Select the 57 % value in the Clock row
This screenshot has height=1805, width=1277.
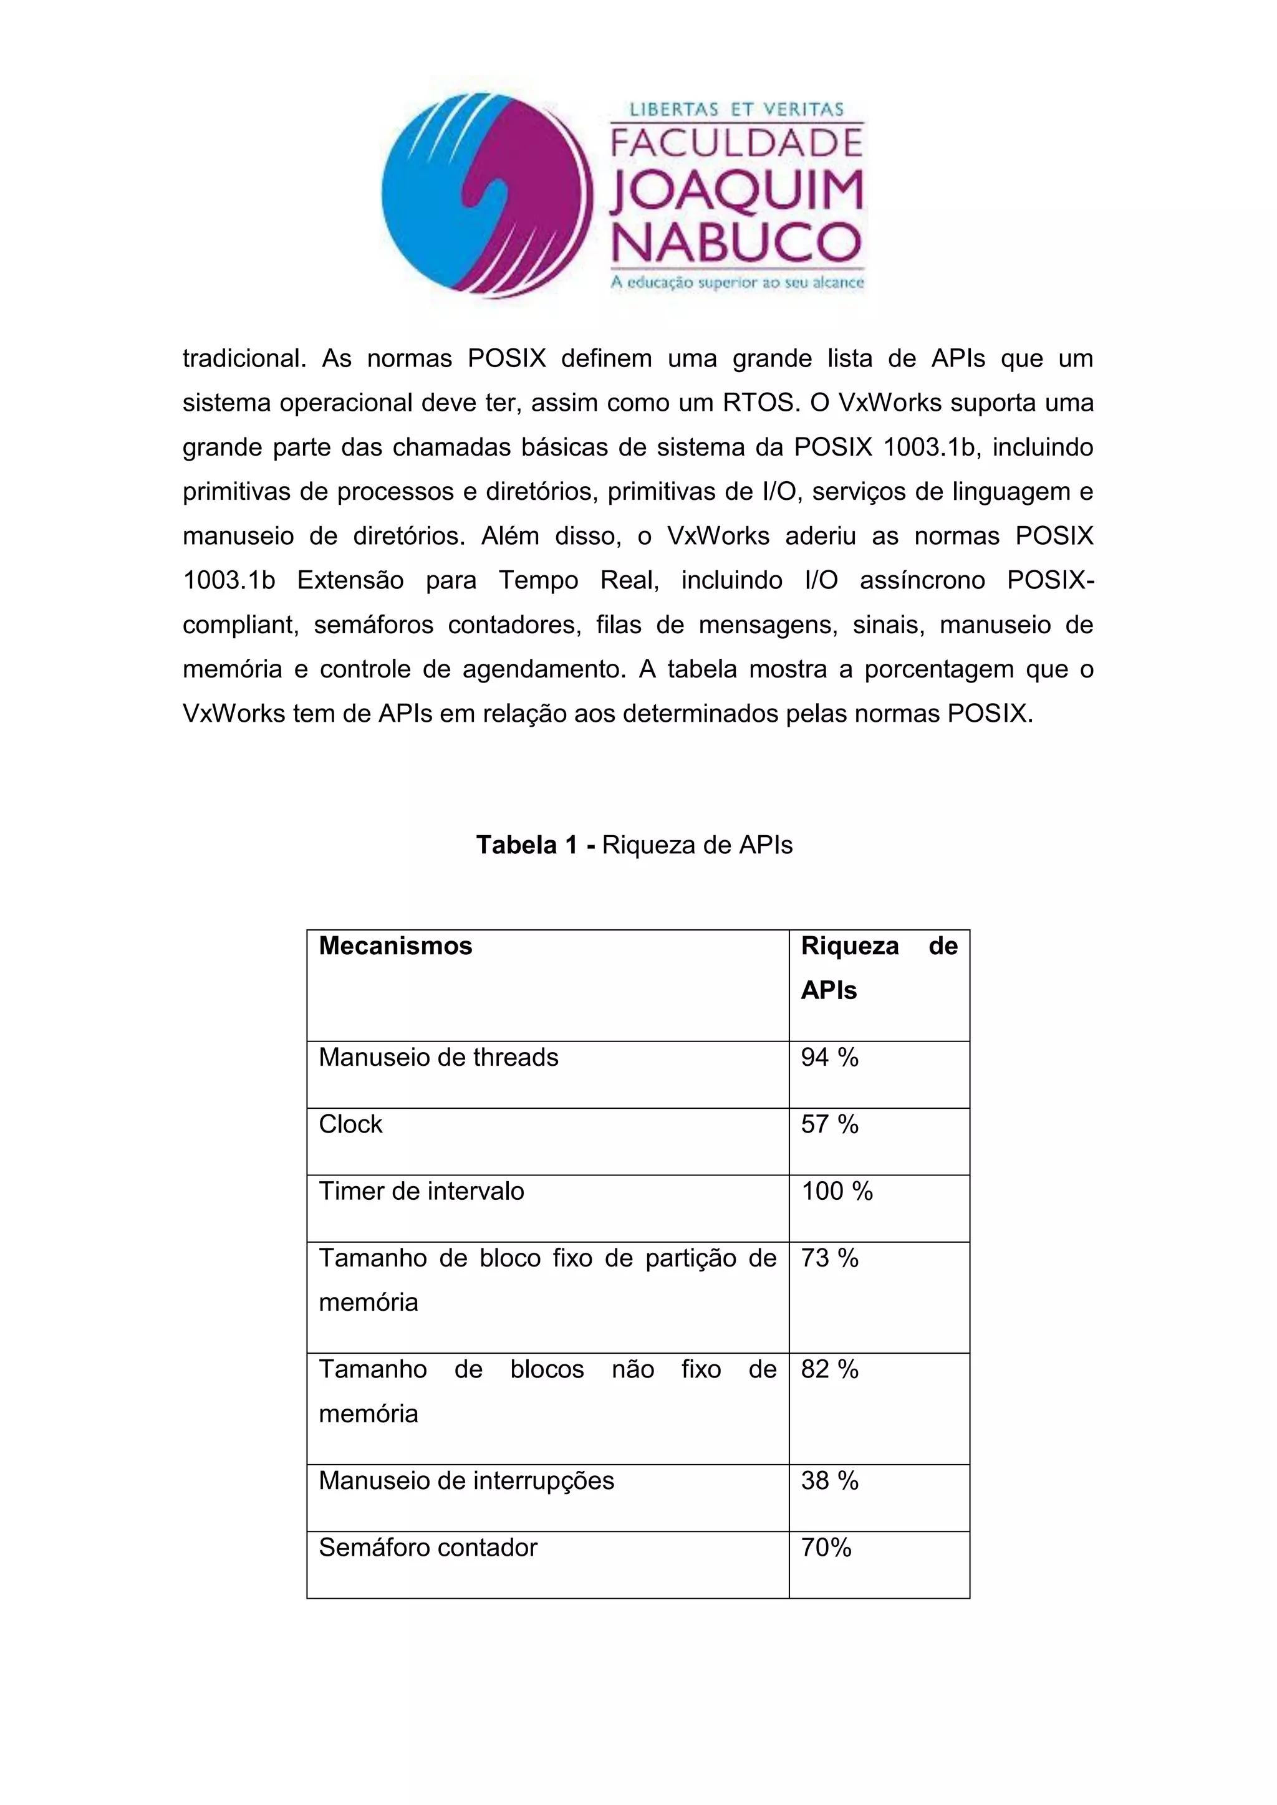829,1125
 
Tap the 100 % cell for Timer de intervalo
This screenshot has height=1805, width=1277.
837,1192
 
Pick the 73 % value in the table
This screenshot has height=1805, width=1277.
829,1258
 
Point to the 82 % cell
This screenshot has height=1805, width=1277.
829,1369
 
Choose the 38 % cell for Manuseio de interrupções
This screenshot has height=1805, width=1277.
829,1481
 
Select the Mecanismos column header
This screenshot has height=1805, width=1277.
395,946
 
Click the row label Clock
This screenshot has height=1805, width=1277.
350,1125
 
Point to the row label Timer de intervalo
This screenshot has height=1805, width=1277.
422,1192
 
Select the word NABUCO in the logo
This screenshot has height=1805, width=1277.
736,242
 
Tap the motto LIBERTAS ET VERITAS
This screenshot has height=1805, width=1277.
736,109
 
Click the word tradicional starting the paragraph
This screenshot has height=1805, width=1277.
244,359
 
